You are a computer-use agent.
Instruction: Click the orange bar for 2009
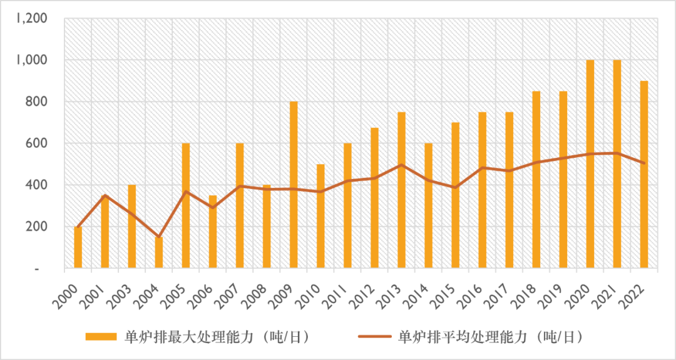pos(293,185)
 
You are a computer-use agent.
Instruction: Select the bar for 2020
pos(590,164)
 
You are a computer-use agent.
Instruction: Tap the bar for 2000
pos(78,247)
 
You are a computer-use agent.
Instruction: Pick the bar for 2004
pos(158,252)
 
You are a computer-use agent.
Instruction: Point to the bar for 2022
pos(644,175)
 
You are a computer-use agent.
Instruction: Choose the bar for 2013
pos(401,190)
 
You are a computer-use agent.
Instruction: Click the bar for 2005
pos(185,206)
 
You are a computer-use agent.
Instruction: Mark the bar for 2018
pos(536,180)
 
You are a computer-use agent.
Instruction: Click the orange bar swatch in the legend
pos(101,337)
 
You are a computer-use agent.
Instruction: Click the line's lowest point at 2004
pos(158,237)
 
